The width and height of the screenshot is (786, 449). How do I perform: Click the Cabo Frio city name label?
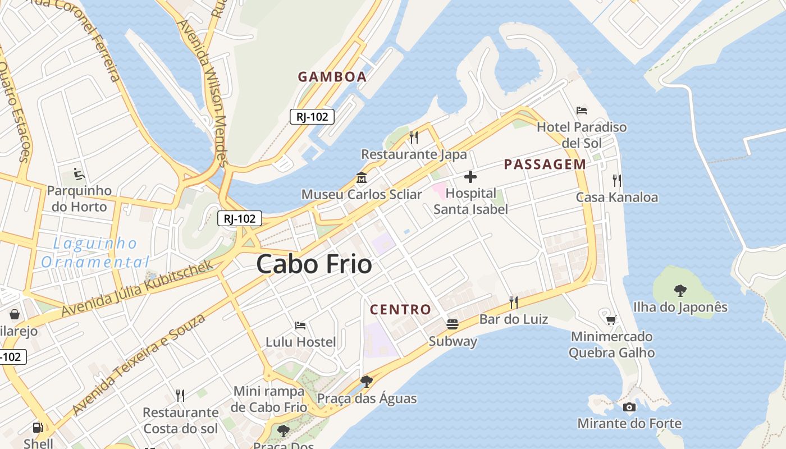pyautogui.click(x=314, y=264)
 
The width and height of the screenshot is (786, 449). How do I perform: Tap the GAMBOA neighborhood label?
pyautogui.click(x=332, y=77)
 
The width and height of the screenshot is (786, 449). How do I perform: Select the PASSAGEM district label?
pyautogui.click(x=545, y=164)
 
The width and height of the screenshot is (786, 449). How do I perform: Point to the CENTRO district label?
pyautogui.click(x=400, y=309)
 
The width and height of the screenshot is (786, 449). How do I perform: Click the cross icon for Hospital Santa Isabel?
pyautogui.click(x=470, y=177)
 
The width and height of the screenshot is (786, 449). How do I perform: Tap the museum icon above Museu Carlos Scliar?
pyautogui.click(x=362, y=178)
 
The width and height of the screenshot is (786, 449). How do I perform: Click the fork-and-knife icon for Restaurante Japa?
pyautogui.click(x=414, y=137)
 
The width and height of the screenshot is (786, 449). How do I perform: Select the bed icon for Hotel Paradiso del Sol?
pyautogui.click(x=582, y=111)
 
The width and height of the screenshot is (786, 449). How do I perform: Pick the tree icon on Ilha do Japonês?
pyautogui.click(x=680, y=290)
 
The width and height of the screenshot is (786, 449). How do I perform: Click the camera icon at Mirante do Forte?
pyautogui.click(x=629, y=407)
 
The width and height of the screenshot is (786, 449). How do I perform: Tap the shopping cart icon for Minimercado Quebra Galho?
pyautogui.click(x=611, y=320)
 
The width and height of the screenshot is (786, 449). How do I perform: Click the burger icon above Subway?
pyautogui.click(x=453, y=324)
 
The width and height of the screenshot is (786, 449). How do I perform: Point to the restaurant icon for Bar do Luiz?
pyautogui.click(x=513, y=303)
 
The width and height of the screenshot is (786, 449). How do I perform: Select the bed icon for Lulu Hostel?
pyautogui.click(x=300, y=325)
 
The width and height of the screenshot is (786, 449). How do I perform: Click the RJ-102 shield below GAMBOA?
pyautogui.click(x=312, y=117)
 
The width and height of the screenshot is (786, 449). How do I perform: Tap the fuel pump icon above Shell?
pyautogui.click(x=38, y=427)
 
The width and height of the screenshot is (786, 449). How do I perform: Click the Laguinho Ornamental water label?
pyautogui.click(x=95, y=253)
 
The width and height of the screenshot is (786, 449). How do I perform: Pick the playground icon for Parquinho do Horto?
pyautogui.click(x=79, y=174)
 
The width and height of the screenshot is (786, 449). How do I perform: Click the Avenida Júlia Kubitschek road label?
pyautogui.click(x=138, y=288)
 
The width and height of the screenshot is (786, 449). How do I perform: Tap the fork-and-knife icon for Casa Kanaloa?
pyautogui.click(x=616, y=180)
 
